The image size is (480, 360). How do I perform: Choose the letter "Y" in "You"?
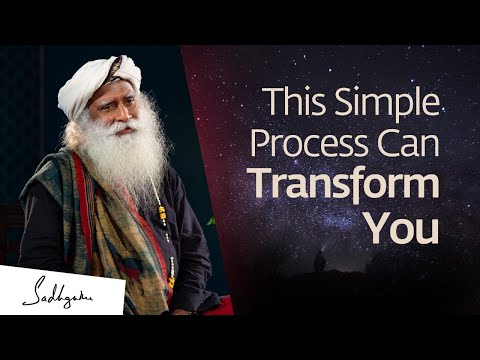[374, 229]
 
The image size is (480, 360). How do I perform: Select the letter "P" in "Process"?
[261, 145]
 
